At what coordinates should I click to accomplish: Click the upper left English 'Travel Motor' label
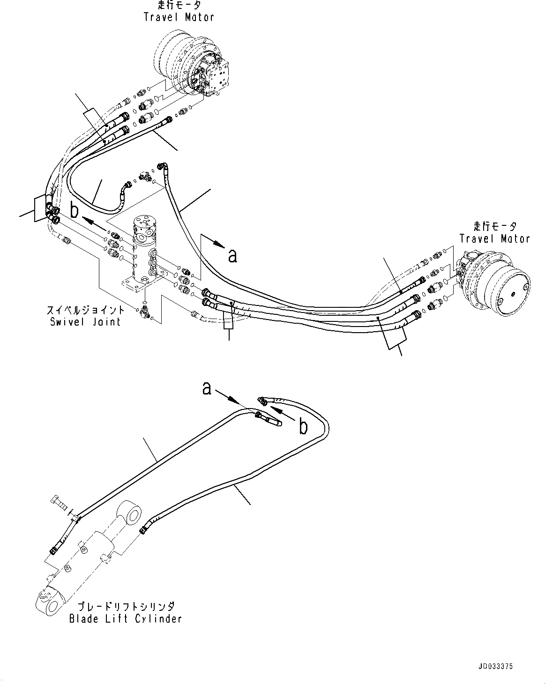pos(179,17)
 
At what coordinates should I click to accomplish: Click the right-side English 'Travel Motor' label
pos(494,238)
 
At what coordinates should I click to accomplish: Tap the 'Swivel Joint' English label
pos(85,321)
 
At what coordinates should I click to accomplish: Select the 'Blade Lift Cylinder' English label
pos(125,618)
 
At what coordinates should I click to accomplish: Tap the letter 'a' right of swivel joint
pos(232,256)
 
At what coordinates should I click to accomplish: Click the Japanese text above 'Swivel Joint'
pos(85,310)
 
